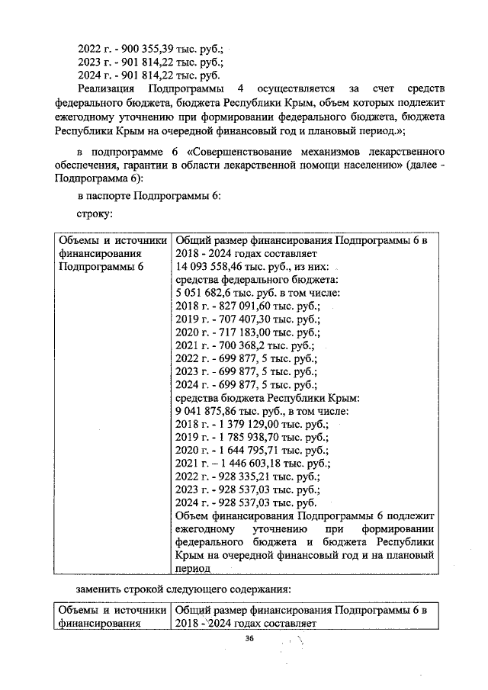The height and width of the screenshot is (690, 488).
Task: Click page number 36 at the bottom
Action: (249, 639)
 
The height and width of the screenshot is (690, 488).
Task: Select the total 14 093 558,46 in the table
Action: (213, 266)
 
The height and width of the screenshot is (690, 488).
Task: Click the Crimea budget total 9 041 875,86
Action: (205, 411)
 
